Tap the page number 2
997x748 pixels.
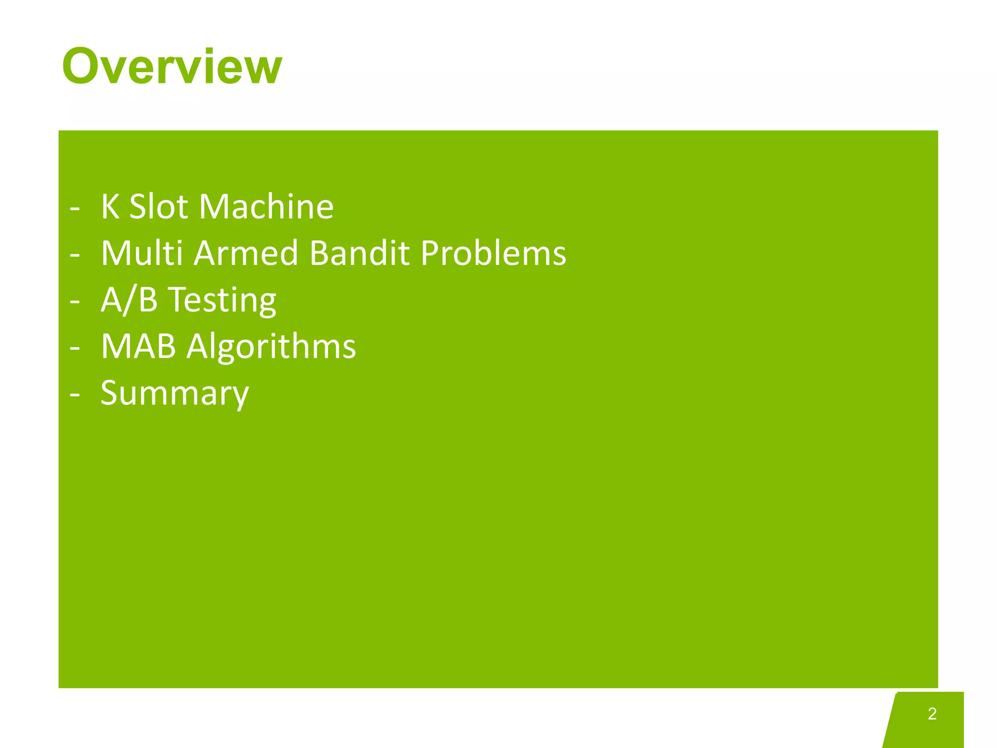click(x=932, y=713)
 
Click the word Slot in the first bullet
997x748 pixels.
click(x=159, y=206)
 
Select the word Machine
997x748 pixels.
click(x=266, y=206)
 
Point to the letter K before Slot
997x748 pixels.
click(x=110, y=206)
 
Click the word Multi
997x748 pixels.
click(x=142, y=253)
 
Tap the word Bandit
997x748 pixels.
click(x=359, y=253)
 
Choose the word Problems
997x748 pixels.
click(x=493, y=253)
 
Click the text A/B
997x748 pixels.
click(x=129, y=299)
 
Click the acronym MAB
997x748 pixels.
click(x=138, y=346)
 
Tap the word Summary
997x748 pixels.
click(x=174, y=393)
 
